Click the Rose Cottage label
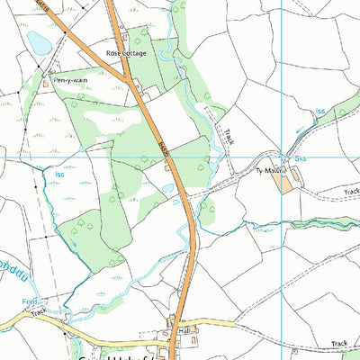click(x=125, y=54)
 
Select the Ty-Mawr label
click(x=268, y=169)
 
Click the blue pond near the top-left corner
click(x=39, y=42)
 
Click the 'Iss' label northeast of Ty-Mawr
click(x=320, y=112)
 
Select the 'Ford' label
click(x=30, y=302)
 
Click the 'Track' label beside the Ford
click(x=38, y=311)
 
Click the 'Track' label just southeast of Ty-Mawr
click(x=350, y=191)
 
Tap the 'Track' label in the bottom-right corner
click(x=338, y=343)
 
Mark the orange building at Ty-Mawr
click(x=284, y=184)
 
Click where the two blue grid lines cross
click(x=282, y=158)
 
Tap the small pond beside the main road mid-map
click(x=167, y=188)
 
